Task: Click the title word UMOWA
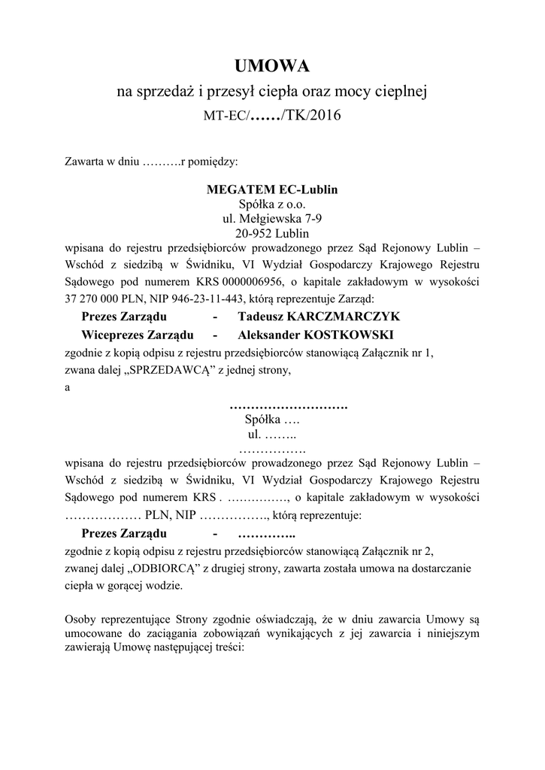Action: click(272, 67)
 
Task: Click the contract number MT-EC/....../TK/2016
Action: click(272, 117)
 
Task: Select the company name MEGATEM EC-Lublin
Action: click(272, 189)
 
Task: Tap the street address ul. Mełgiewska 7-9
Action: click(272, 219)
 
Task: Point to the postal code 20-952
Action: click(251, 233)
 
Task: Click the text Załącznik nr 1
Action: click(396, 352)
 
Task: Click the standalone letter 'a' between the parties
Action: click(68, 387)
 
